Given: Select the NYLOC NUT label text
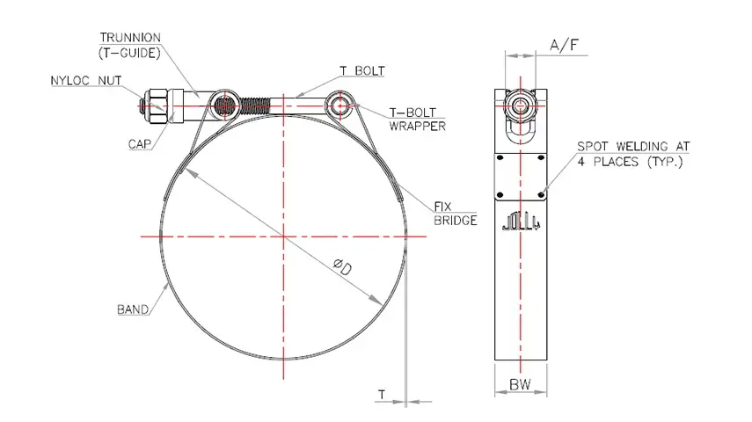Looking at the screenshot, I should pyautogui.click(x=85, y=81).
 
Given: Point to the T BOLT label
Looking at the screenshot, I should pyautogui.click(x=361, y=70).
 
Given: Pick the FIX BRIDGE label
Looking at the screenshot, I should pyautogui.click(x=455, y=214).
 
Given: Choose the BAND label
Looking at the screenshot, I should pyautogui.click(x=132, y=310).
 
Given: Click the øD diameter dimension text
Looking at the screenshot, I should pyautogui.click(x=343, y=266).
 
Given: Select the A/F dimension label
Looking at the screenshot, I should pyautogui.click(x=564, y=45).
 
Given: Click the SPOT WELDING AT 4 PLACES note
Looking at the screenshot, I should pyautogui.click(x=633, y=155).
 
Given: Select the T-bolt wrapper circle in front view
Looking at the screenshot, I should pyautogui.click(x=341, y=106).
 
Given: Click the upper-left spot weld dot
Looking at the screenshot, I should pyautogui.click(x=500, y=159).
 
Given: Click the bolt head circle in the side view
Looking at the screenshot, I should pyautogui.click(x=522, y=106).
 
